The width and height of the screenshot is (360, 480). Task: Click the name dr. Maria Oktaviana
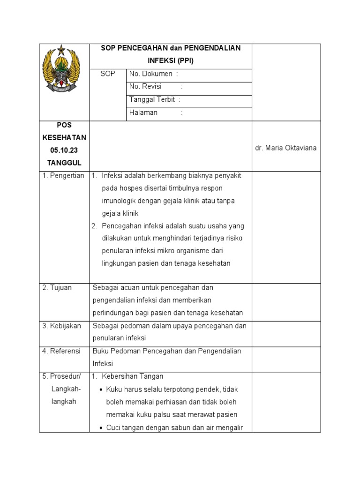point(285,148)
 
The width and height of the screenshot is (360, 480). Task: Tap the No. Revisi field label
point(145,86)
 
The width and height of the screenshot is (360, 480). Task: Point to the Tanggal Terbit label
point(152,99)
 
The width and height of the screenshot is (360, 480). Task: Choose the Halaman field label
point(143,112)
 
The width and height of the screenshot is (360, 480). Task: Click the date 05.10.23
point(64,150)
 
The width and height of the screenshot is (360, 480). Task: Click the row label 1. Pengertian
point(63,176)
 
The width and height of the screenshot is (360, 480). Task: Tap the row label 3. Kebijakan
point(61,326)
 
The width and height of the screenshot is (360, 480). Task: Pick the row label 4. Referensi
point(61,351)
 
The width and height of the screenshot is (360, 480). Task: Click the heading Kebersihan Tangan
point(132,376)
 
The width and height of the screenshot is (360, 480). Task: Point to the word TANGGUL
point(64,163)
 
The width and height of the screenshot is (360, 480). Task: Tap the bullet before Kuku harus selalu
point(102,390)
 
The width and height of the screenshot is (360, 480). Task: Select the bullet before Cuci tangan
point(102,427)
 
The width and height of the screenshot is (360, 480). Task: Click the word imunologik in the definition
point(117,201)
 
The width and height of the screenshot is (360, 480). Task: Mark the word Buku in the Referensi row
point(101,351)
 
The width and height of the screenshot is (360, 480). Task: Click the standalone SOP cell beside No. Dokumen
point(108,74)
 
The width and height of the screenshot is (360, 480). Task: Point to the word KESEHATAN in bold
point(64,138)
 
